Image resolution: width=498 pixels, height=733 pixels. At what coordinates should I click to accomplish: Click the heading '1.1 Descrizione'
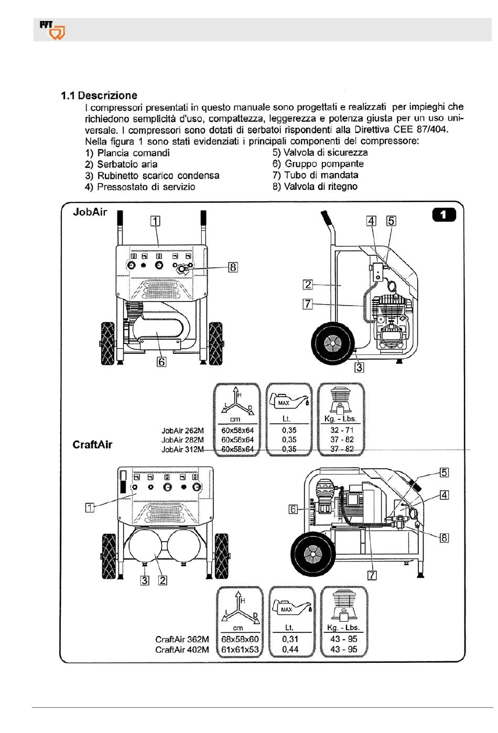pos(99,95)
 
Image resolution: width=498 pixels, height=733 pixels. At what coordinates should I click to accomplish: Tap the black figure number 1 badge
pos(443,215)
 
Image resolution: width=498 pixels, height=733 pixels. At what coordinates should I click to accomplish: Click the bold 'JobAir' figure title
pos(90,212)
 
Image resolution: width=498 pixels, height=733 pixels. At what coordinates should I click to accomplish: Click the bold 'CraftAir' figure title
pos(92,445)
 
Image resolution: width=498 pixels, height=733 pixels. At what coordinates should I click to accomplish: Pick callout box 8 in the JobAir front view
pos(233,267)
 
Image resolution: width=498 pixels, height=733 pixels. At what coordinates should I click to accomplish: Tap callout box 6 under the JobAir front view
pos(161,362)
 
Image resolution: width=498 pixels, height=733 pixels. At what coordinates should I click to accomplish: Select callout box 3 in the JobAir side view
pos(359,367)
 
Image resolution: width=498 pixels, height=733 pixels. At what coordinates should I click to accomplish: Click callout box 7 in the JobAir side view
pos(307,304)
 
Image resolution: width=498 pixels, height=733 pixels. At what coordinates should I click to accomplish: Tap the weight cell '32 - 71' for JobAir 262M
pos(342,430)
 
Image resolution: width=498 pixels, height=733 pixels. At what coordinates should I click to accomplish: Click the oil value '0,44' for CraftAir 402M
pos(290,649)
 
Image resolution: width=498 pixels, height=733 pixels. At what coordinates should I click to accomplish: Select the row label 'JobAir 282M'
pos(182,440)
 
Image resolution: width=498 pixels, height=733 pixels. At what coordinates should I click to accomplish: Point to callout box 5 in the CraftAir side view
pos(444,472)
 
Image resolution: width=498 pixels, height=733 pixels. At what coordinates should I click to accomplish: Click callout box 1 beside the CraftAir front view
pos(90,508)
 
